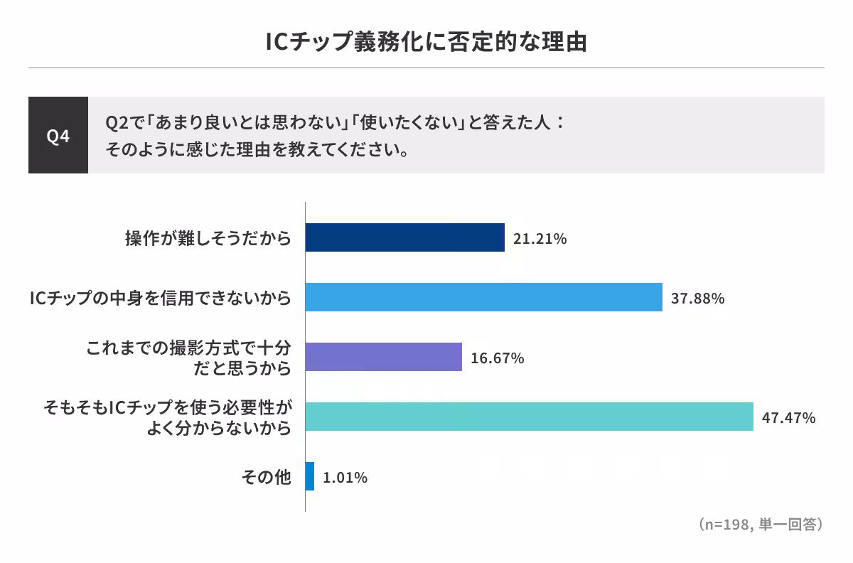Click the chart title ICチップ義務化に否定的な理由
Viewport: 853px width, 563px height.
point(426,41)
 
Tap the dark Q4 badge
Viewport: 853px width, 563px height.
point(58,136)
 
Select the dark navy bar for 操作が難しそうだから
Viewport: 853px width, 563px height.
point(404,237)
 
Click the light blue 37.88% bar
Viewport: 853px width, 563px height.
point(483,297)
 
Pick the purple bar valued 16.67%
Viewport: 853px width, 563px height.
point(383,357)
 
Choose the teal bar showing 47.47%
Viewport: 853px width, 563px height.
point(529,417)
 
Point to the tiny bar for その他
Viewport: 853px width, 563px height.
point(310,476)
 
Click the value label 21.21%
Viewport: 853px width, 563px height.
point(540,239)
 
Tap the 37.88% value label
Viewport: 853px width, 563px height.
point(698,299)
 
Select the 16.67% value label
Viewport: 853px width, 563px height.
point(498,358)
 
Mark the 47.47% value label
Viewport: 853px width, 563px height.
point(788,418)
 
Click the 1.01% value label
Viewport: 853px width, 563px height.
point(345,478)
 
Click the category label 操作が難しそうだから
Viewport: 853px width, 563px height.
point(208,238)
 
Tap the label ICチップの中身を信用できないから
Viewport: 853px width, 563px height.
point(161,298)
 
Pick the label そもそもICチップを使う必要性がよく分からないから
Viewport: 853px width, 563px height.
point(168,417)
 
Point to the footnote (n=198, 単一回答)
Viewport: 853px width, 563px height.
point(761,525)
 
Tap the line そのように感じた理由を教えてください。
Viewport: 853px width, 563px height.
point(257,150)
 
